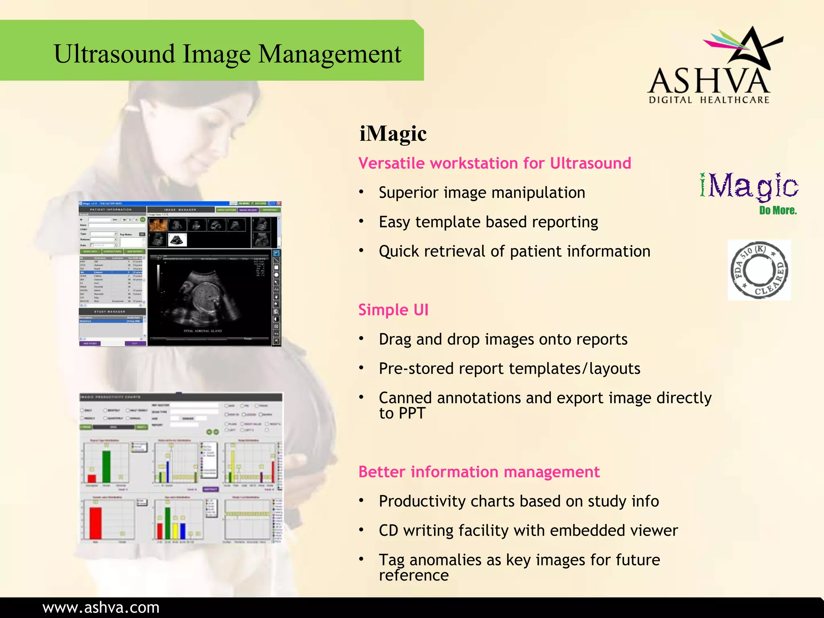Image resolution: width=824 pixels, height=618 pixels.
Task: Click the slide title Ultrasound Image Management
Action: pyautogui.click(x=227, y=54)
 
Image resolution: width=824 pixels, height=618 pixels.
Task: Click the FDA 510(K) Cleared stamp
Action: pyautogui.click(x=759, y=270)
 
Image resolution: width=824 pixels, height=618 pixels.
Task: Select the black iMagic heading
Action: pyautogui.click(x=393, y=134)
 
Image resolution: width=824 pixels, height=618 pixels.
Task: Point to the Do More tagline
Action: pyautogui.click(x=778, y=210)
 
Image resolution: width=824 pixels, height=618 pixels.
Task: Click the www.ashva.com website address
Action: pyautogui.click(x=101, y=608)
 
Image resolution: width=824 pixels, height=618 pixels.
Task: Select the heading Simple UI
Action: pyautogui.click(x=393, y=310)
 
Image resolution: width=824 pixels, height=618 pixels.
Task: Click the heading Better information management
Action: pyautogui.click(x=479, y=472)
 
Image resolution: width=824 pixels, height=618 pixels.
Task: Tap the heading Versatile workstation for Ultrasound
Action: pyautogui.click(x=494, y=163)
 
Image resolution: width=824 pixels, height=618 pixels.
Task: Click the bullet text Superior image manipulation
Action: pyautogui.click(x=482, y=193)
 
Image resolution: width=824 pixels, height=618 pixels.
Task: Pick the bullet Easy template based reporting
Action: pyautogui.click(x=488, y=222)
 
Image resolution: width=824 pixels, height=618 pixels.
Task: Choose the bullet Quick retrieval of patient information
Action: pyautogui.click(x=514, y=251)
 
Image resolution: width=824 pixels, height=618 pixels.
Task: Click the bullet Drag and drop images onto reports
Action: pyautogui.click(x=503, y=340)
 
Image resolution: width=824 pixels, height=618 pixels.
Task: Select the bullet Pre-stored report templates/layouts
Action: pyautogui.click(x=509, y=369)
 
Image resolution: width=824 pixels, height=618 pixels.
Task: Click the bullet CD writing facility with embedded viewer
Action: pyautogui.click(x=528, y=531)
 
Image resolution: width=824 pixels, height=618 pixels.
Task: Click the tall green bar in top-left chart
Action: pyautogui.click(x=106, y=466)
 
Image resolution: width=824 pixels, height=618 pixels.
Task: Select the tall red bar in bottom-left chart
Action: pyautogui.click(x=95, y=523)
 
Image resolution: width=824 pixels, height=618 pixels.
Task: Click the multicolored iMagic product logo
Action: pyautogui.click(x=749, y=187)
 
